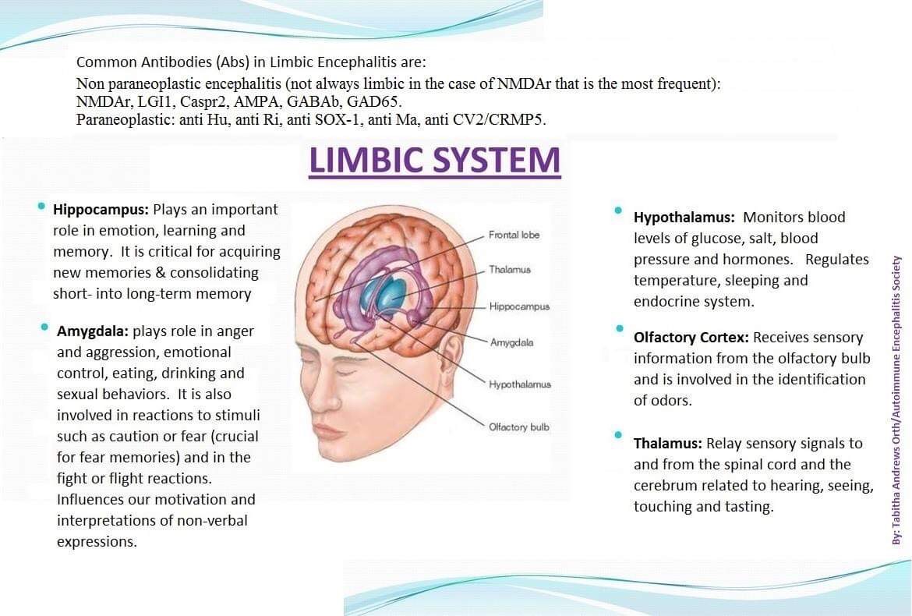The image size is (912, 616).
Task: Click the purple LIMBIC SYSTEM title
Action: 434,160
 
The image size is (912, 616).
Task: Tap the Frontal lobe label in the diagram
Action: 514,235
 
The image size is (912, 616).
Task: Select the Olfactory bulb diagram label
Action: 519,427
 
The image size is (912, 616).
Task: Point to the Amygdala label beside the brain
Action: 511,342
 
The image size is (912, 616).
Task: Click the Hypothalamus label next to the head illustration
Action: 520,384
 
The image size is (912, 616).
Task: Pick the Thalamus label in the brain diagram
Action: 510,270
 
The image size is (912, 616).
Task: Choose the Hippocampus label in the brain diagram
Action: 519,306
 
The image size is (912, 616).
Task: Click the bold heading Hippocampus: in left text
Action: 101,210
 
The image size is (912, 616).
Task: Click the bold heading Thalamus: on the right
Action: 667,444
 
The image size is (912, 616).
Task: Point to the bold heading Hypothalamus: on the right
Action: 684,218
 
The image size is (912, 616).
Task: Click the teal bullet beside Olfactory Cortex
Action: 618,329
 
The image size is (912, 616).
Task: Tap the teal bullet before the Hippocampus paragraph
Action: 40,207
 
